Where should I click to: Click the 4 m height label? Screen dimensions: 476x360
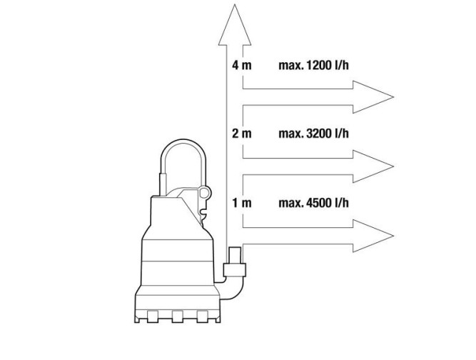(242, 65)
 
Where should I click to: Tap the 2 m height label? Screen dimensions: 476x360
(242, 134)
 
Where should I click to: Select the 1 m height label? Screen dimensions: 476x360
(242, 203)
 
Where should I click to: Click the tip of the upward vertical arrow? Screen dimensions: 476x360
(235, 4)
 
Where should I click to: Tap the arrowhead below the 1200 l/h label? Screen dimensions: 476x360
(373, 97)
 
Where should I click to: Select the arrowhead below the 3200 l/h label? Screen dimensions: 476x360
(373, 166)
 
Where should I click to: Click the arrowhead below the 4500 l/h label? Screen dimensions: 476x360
(373, 236)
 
